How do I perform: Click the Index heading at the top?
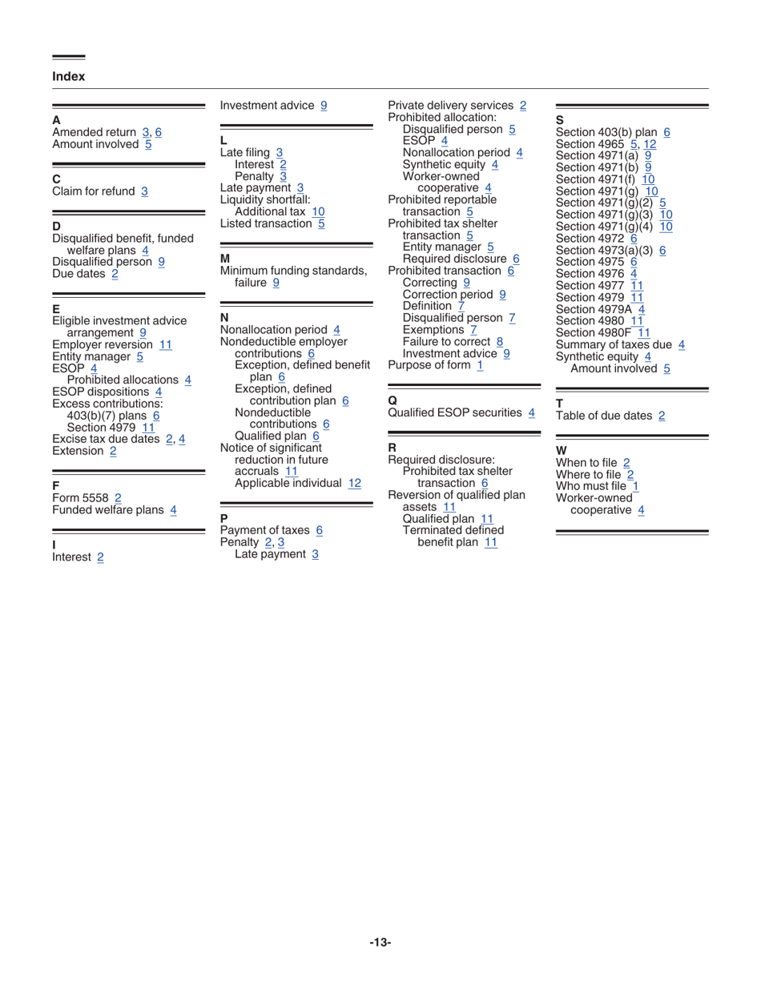click(68, 77)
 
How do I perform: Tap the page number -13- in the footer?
click(380, 943)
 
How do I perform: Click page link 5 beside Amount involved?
click(148, 144)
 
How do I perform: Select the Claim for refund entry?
click(94, 191)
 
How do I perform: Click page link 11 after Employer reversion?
click(166, 344)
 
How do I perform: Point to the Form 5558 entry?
click(80, 498)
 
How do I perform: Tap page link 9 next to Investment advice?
click(323, 106)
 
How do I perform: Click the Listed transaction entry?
click(265, 223)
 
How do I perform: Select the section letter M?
click(225, 259)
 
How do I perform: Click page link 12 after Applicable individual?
click(355, 483)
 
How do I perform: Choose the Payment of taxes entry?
click(264, 530)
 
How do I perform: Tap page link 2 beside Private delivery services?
click(523, 106)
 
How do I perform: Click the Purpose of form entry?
click(429, 365)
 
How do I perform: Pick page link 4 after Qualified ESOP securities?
click(532, 412)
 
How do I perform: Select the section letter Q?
click(393, 400)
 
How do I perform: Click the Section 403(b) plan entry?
click(606, 132)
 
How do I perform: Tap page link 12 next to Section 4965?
click(650, 144)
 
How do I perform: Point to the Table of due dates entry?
click(603, 416)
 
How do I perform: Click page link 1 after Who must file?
click(635, 486)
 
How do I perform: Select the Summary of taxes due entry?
click(614, 345)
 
